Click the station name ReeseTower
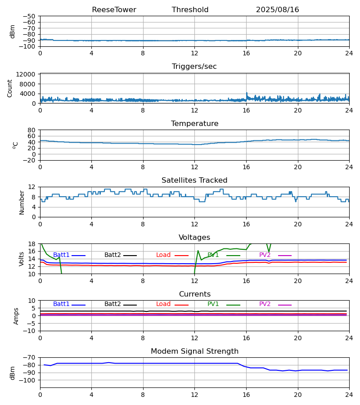click(114, 10)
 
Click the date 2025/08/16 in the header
click(277, 10)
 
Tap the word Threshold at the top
click(190, 10)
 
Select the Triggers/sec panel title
click(194, 67)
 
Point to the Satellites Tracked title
click(194, 180)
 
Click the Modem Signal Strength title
click(194, 351)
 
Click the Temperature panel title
click(194, 124)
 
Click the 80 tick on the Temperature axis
click(31, 130)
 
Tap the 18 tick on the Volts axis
click(31, 244)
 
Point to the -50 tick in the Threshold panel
click(29, 16)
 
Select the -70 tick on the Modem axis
click(29, 358)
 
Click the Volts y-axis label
click(22, 259)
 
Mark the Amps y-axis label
click(16, 316)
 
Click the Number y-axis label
click(22, 202)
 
